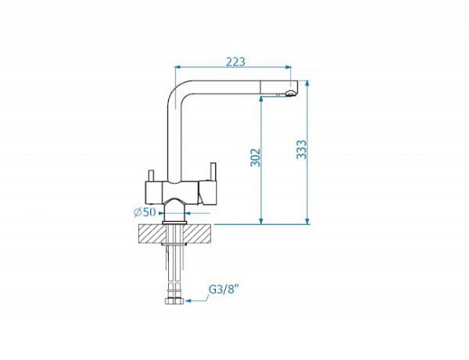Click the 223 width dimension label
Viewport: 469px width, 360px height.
235,62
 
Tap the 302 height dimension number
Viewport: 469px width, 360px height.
256,157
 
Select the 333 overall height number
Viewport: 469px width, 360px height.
302,149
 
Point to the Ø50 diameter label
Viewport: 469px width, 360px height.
145,212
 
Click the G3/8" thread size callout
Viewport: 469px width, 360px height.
224,290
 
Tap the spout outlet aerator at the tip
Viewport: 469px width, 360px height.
290,94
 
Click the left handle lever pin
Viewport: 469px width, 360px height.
152,176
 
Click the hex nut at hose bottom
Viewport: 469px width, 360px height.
174,301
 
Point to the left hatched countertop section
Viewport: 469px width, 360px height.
152,234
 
